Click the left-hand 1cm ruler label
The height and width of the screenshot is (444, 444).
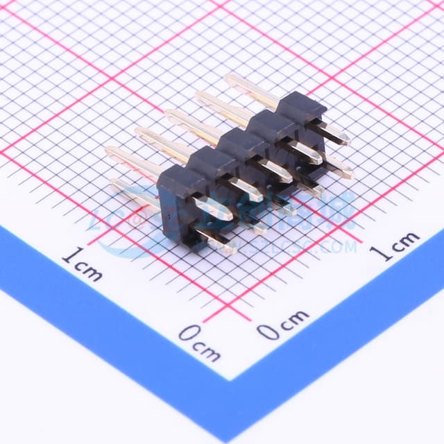pos(82,264)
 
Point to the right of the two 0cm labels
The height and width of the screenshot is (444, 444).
pos(283,323)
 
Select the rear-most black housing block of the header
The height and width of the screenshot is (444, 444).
pos(301,108)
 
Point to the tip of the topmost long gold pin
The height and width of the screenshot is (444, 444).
pos(229,78)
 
